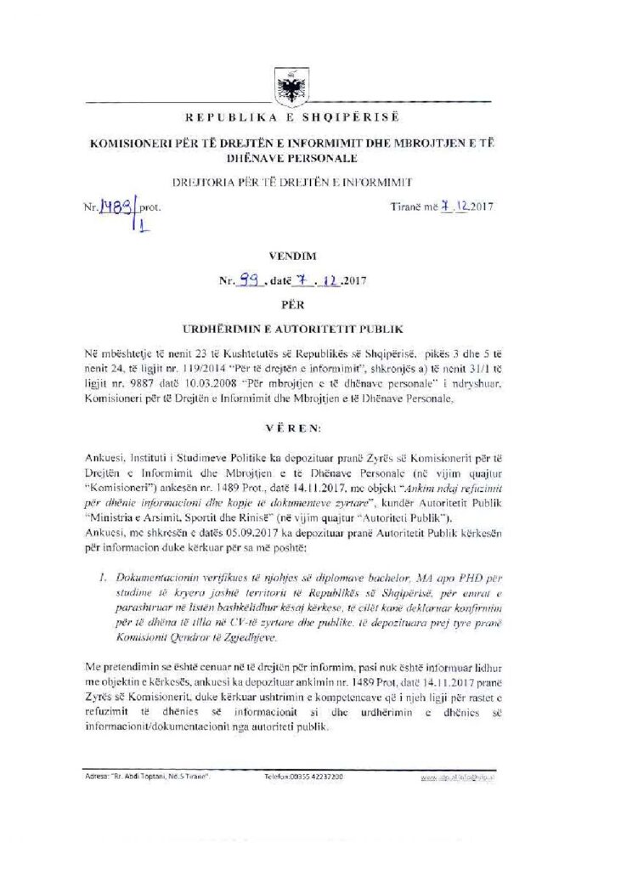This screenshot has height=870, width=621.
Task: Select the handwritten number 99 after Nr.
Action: (x=248, y=279)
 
